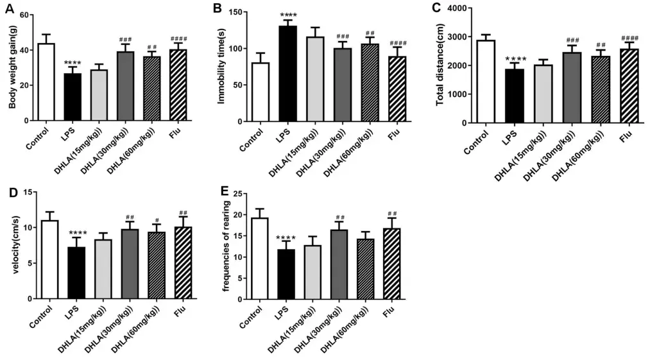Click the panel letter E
coord(223,192)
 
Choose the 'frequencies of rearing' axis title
coord(226,246)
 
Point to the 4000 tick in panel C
coord(457,8)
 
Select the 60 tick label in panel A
coord(25,14)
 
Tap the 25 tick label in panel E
coord(237,194)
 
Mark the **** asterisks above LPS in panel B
coord(287,14)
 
